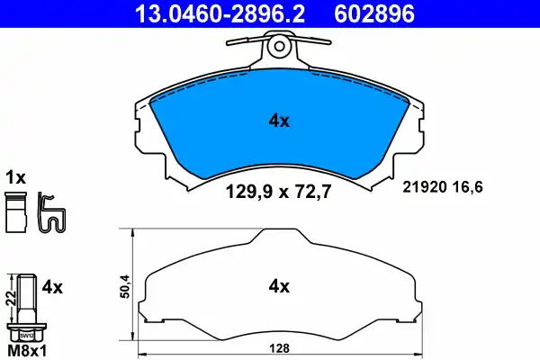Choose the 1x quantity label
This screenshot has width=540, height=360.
pos(16,176)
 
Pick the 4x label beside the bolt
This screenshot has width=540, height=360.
pos(51,288)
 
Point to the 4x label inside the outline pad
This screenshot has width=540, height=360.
pos(278,288)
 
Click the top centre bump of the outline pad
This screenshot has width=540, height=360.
pos(280,235)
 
